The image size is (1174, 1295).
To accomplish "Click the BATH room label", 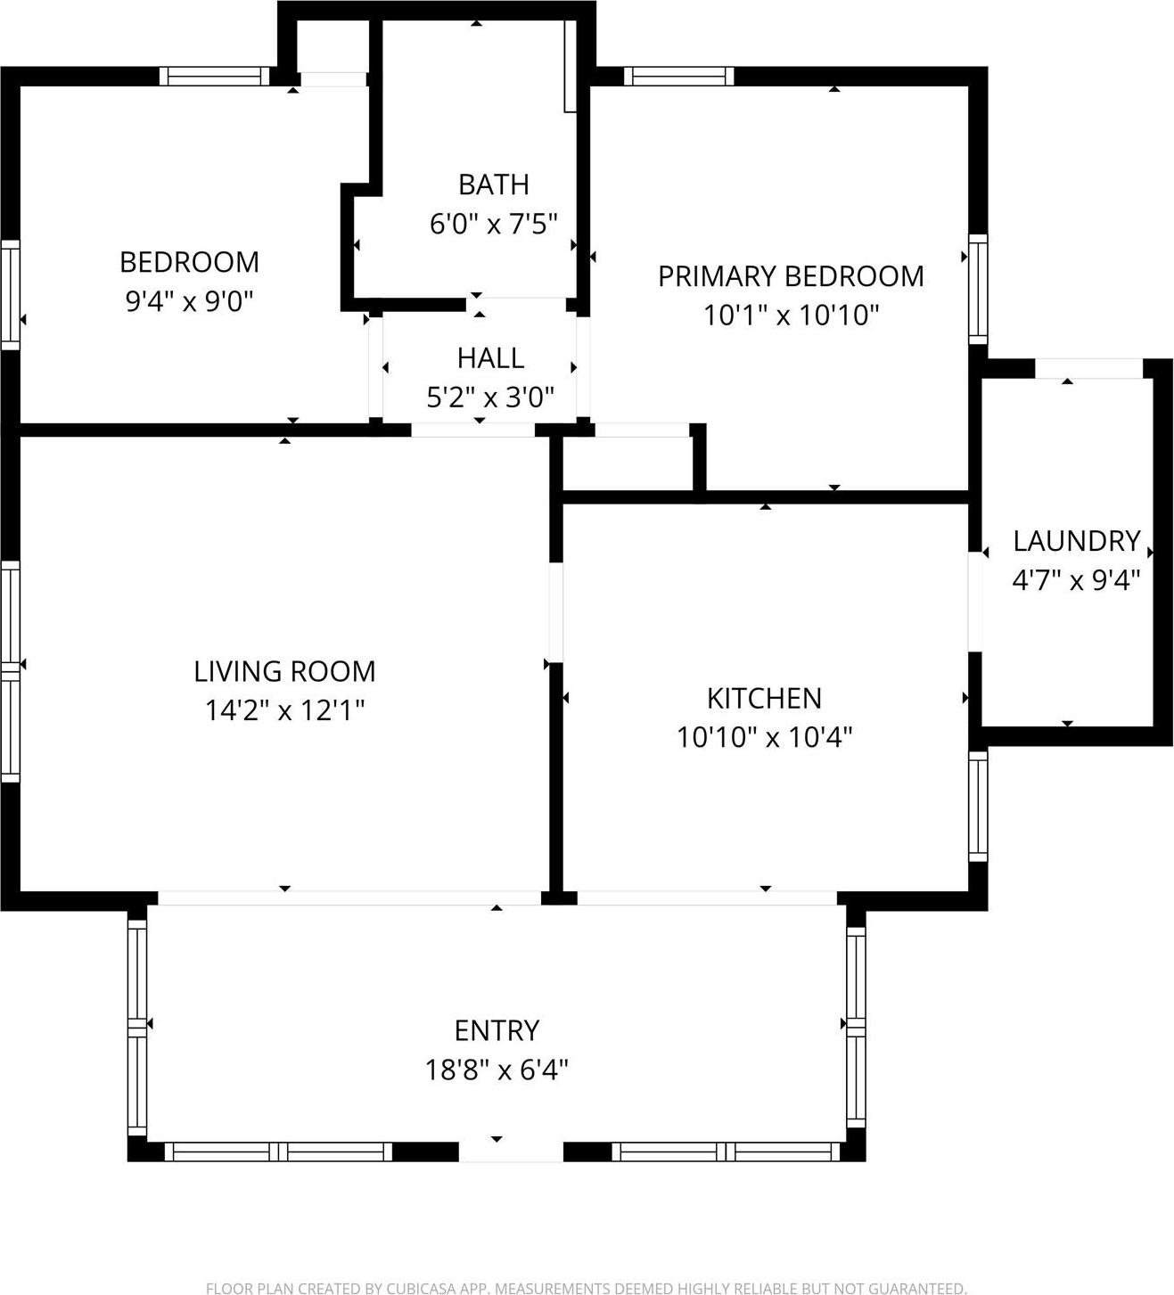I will point(493,184).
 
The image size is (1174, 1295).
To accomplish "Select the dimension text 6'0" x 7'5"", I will point(493,223).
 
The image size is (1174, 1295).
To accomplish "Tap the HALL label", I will point(490,358).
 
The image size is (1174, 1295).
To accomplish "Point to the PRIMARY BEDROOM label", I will point(791,276).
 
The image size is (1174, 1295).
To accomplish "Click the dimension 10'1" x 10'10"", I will point(791,316).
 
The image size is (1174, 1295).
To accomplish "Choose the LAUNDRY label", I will point(1076,541).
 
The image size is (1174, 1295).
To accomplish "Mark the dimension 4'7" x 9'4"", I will point(1076,580).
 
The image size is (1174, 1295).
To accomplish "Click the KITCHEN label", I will point(764,698).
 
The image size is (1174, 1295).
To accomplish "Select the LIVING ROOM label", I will point(284,671).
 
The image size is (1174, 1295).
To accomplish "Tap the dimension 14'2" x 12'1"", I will point(284,710).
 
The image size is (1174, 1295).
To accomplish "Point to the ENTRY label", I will point(497,1030).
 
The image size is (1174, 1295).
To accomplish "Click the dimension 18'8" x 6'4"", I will point(497,1070).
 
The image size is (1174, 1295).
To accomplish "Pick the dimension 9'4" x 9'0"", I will point(189,301).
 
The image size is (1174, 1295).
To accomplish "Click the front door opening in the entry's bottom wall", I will point(511,1152).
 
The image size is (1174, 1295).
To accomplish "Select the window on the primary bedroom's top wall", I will point(678,77).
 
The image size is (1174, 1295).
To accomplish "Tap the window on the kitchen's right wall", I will point(978,806).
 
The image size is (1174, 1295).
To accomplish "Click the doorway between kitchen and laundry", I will point(975,602).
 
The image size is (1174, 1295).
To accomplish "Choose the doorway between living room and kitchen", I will point(555,612).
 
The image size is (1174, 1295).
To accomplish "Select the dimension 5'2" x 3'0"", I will point(490,398).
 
